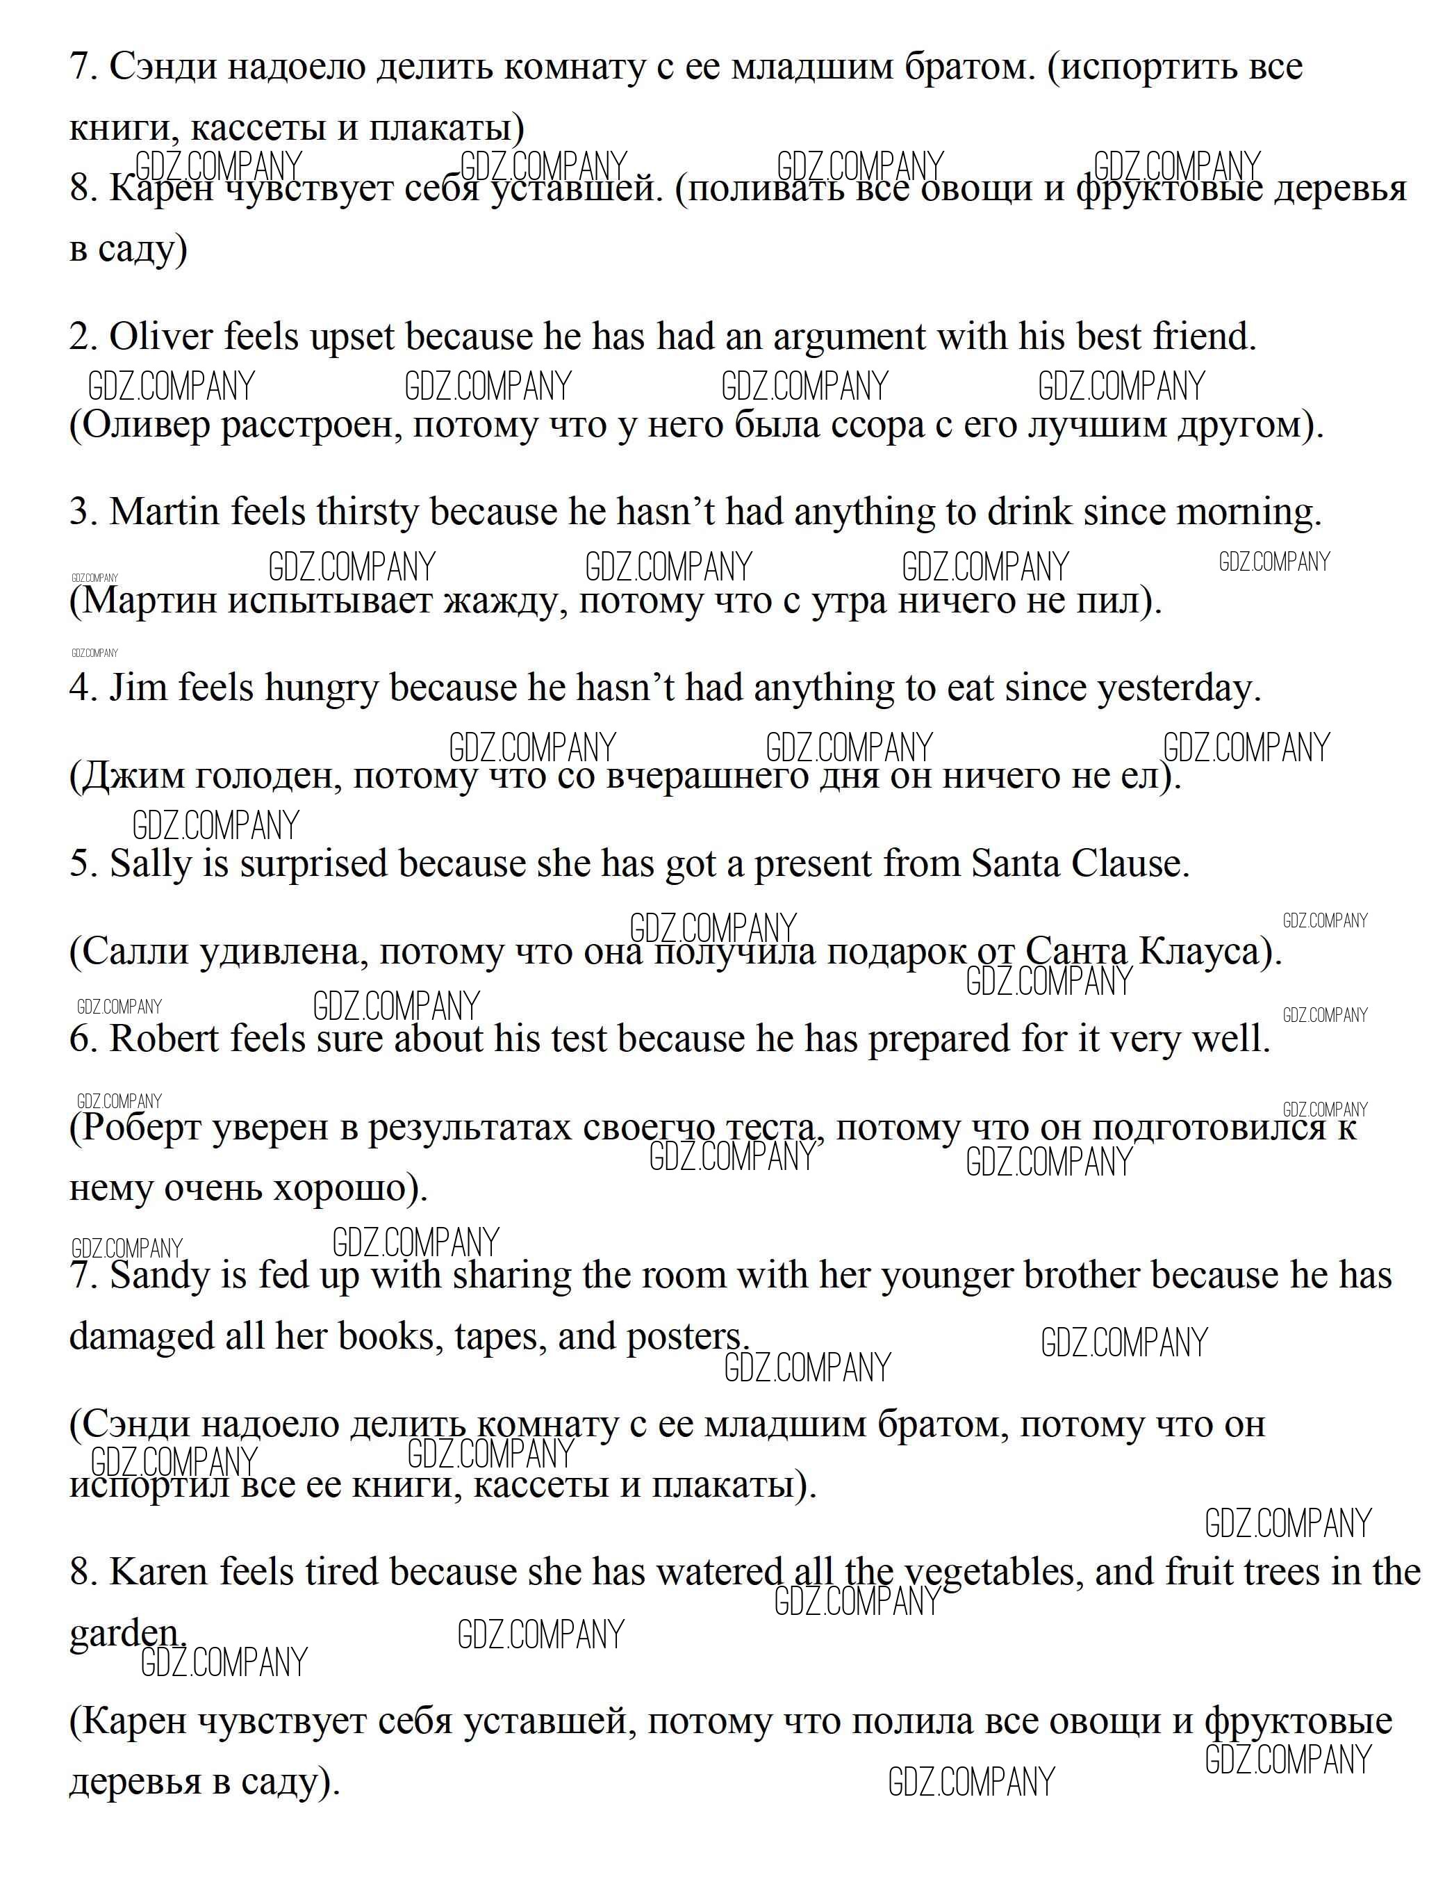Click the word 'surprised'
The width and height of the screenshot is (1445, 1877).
click(x=313, y=863)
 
